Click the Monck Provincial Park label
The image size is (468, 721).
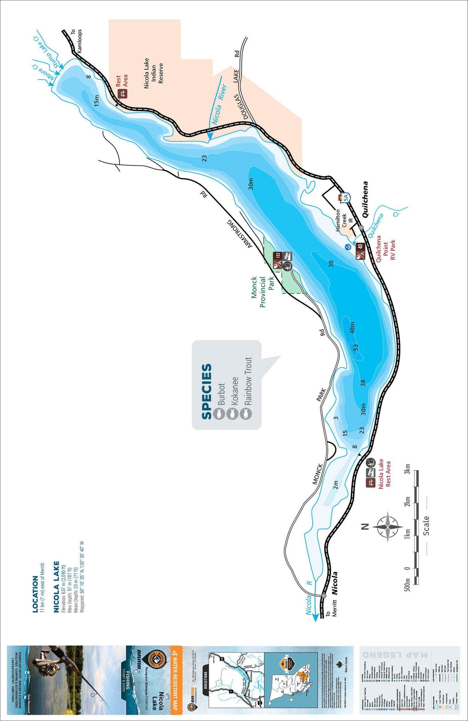263,292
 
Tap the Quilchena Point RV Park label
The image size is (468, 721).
386,248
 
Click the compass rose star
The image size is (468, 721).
387,526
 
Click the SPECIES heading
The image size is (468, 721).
207,391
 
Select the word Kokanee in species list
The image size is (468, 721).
235,391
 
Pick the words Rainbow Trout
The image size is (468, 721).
248,381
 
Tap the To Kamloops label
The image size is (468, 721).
77,40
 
